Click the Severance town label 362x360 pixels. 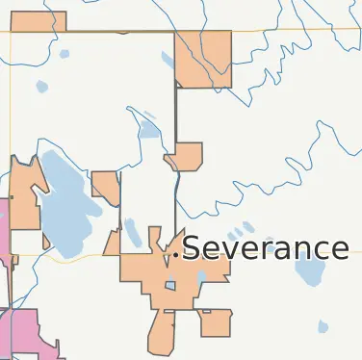(x=265, y=248)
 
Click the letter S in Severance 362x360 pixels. (x=192, y=248)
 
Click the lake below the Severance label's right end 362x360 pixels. (x=310, y=272)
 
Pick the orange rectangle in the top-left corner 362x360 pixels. (x=38, y=21)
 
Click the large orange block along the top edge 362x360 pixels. (x=203, y=58)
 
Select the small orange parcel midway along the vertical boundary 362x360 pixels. (x=185, y=156)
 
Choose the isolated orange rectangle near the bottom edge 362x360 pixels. (x=216, y=323)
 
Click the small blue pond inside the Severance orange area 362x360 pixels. (x=170, y=285)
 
